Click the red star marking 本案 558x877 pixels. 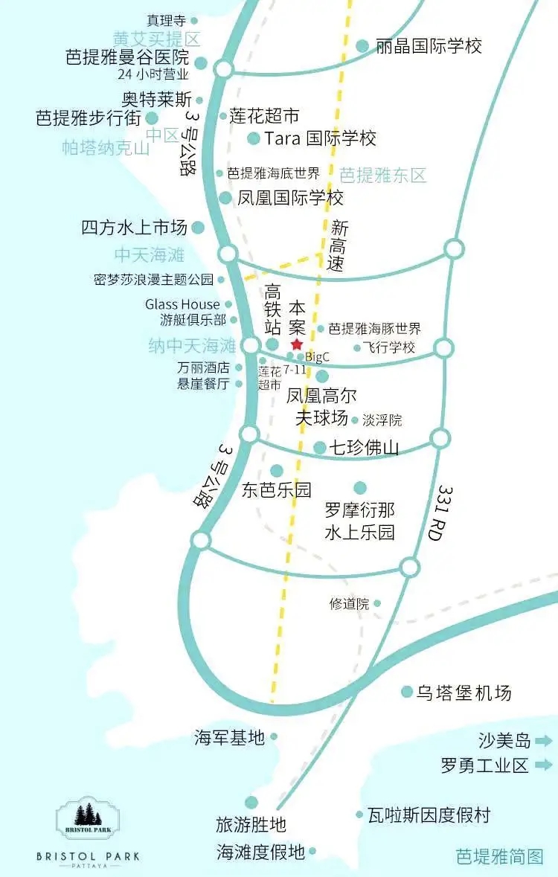(297, 344)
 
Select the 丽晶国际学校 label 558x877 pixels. (429, 46)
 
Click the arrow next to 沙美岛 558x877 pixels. (543, 740)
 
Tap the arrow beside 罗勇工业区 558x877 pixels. (543, 764)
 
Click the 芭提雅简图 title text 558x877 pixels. (499, 856)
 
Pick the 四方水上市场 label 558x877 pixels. (134, 228)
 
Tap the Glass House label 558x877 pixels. (182, 304)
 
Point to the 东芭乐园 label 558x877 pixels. (277, 490)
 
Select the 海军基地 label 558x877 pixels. (229, 737)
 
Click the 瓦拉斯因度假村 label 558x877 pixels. (429, 815)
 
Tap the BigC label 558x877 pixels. (318, 357)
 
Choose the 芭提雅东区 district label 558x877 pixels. (383, 176)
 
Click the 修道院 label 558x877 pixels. (349, 604)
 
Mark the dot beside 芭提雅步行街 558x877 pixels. (153, 118)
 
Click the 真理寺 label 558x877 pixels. (165, 21)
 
